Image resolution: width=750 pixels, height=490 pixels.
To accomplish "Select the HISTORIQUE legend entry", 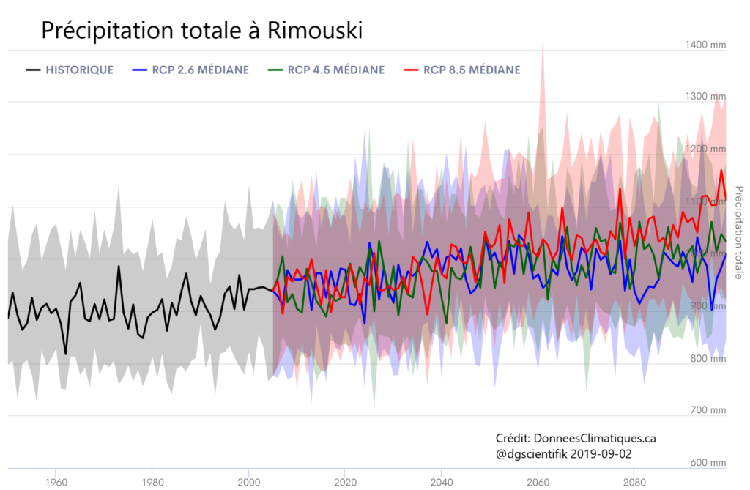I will tap(79, 70).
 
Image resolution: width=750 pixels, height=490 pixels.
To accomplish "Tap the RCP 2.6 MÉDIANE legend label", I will tap(201, 70).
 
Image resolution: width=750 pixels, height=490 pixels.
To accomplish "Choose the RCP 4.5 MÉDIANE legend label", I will tap(336, 70).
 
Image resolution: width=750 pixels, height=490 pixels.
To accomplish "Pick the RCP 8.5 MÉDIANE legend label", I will tap(472, 70).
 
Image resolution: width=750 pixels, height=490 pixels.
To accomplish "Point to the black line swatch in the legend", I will tap(32, 70).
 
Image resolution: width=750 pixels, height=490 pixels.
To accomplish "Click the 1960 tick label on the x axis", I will tap(56, 482).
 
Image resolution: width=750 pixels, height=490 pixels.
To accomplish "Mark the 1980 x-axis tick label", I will tap(152, 482).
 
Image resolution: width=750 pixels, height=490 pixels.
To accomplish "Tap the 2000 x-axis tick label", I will tap(249, 482).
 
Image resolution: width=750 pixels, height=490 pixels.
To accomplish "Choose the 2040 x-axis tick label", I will tap(442, 482).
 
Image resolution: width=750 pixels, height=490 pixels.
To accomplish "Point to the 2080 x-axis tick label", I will tap(634, 482).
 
